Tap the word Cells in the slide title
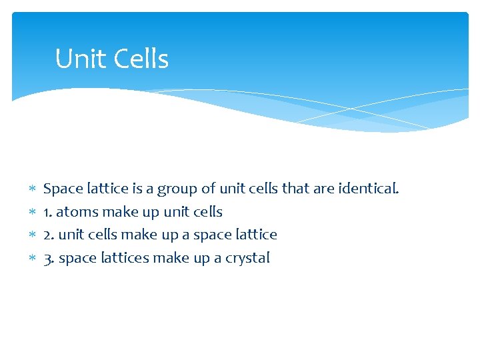(x=141, y=59)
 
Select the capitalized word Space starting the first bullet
(x=61, y=189)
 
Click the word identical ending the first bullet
(x=369, y=189)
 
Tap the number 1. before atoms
(x=48, y=212)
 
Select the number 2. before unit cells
(x=49, y=235)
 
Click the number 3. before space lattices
(x=49, y=258)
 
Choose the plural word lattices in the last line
(x=124, y=258)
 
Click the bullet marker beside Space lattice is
(x=31, y=189)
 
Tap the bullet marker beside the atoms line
(x=31, y=213)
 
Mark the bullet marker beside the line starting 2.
(x=31, y=235)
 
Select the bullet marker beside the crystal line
(x=31, y=259)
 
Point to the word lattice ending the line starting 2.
(x=256, y=235)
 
